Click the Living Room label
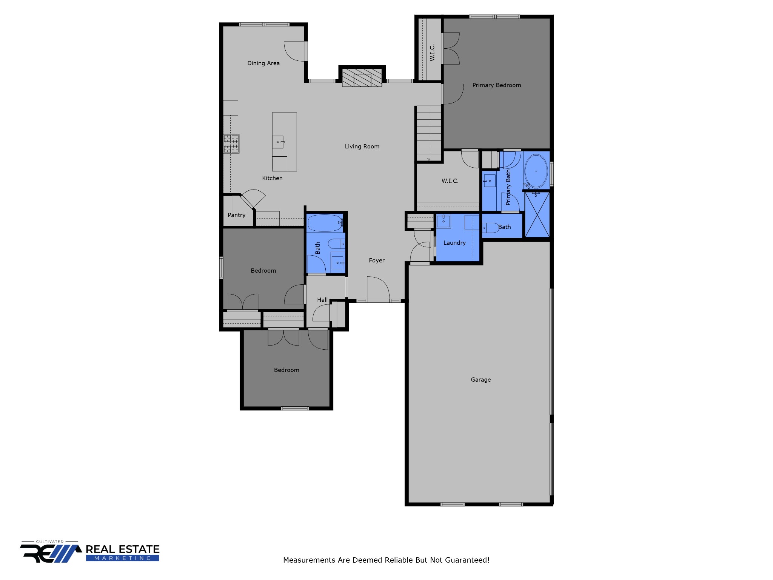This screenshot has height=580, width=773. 362,147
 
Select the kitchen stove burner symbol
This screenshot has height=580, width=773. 231,144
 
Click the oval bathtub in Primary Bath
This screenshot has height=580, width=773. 536,171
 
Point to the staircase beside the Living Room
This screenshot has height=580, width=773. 429,133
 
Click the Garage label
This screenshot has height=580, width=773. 480,379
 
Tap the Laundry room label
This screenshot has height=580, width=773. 454,243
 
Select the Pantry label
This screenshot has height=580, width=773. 236,215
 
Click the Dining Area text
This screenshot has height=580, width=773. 263,63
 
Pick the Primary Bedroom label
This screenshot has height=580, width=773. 496,85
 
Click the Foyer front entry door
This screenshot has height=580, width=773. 378,290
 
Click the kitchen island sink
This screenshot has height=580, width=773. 278,142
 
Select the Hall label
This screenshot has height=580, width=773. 322,300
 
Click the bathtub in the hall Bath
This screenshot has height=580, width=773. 325,223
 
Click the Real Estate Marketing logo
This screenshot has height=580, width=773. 90,552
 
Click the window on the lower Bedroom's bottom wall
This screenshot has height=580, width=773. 295,408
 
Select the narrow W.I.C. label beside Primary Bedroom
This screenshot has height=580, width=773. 432,52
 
